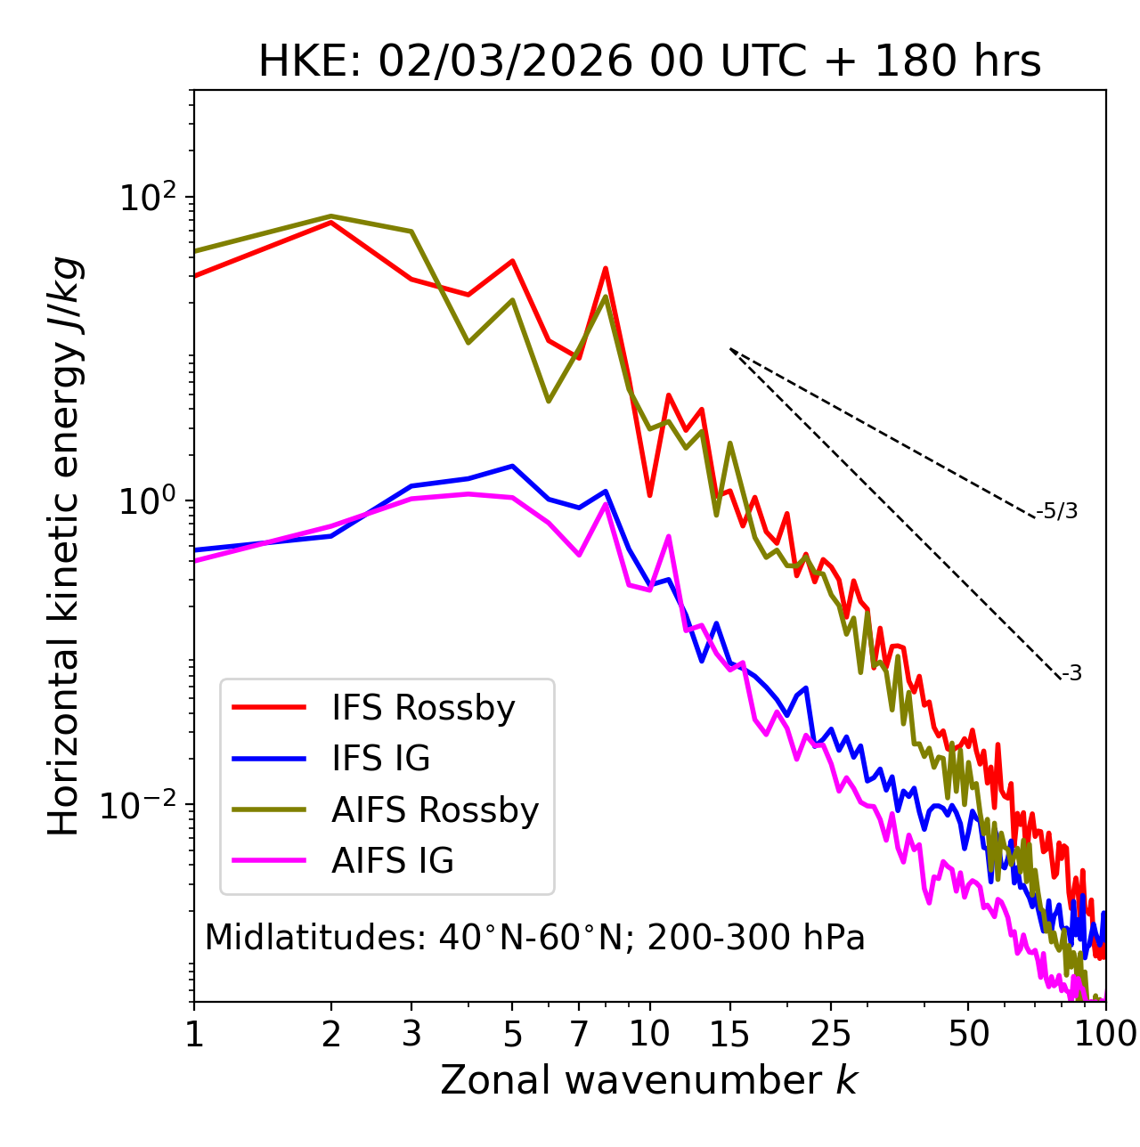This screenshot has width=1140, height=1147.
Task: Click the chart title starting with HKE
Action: click(649, 62)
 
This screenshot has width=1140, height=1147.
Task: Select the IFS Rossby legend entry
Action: click(423, 708)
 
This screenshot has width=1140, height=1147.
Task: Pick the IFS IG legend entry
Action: click(380, 759)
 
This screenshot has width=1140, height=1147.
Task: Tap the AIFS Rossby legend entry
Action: click(435, 810)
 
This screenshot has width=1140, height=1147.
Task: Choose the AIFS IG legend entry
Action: click(393, 861)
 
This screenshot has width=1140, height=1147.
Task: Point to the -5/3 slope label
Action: click(1057, 512)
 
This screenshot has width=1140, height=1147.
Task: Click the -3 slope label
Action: click(1071, 674)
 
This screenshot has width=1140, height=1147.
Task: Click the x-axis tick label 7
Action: click(579, 1034)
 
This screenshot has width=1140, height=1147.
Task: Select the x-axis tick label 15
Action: click(729, 1034)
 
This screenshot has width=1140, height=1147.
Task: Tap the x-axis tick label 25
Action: click(831, 1034)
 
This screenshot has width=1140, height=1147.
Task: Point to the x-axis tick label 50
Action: click(969, 1034)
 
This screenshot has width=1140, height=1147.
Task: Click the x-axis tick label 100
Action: click(1105, 1034)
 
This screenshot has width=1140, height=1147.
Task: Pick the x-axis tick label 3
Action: click(411, 1034)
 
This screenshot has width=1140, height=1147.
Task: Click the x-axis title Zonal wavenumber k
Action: click(649, 1081)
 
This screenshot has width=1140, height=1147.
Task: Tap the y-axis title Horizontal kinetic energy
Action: click(64, 546)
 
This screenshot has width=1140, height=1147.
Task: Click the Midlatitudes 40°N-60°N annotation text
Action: click(534, 938)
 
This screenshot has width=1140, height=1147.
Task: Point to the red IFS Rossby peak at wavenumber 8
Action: click(606, 268)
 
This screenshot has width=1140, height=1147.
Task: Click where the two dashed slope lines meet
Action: click(730, 349)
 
